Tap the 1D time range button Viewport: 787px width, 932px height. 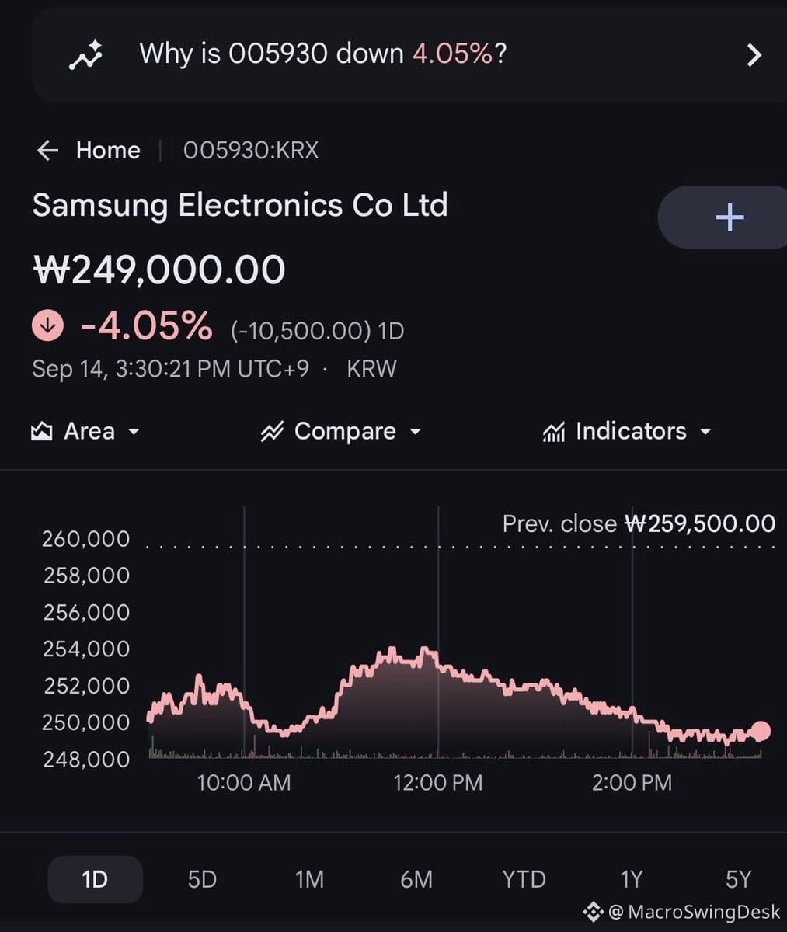[95, 880]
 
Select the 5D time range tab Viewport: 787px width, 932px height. [202, 880]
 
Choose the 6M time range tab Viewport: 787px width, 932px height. [416, 880]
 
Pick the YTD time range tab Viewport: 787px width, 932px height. [524, 880]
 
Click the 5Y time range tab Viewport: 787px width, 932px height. [739, 880]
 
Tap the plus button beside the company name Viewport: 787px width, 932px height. [730, 217]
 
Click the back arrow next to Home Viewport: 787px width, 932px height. [48, 150]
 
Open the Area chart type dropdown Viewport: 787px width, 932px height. [85, 431]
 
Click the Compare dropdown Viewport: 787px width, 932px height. [341, 431]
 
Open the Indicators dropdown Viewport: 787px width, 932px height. [627, 431]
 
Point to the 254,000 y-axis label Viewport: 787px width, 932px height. [86, 649]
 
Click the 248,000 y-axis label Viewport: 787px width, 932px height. [86, 760]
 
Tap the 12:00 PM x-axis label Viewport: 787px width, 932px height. [437, 783]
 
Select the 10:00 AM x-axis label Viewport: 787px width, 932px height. [244, 783]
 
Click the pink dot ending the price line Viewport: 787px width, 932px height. [761, 731]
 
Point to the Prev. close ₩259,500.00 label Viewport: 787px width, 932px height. [639, 523]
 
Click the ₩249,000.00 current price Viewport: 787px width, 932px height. [159, 270]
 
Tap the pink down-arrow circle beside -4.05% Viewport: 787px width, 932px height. [48, 326]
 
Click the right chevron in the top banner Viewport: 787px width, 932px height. [754, 55]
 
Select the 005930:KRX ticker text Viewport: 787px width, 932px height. [251, 150]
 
